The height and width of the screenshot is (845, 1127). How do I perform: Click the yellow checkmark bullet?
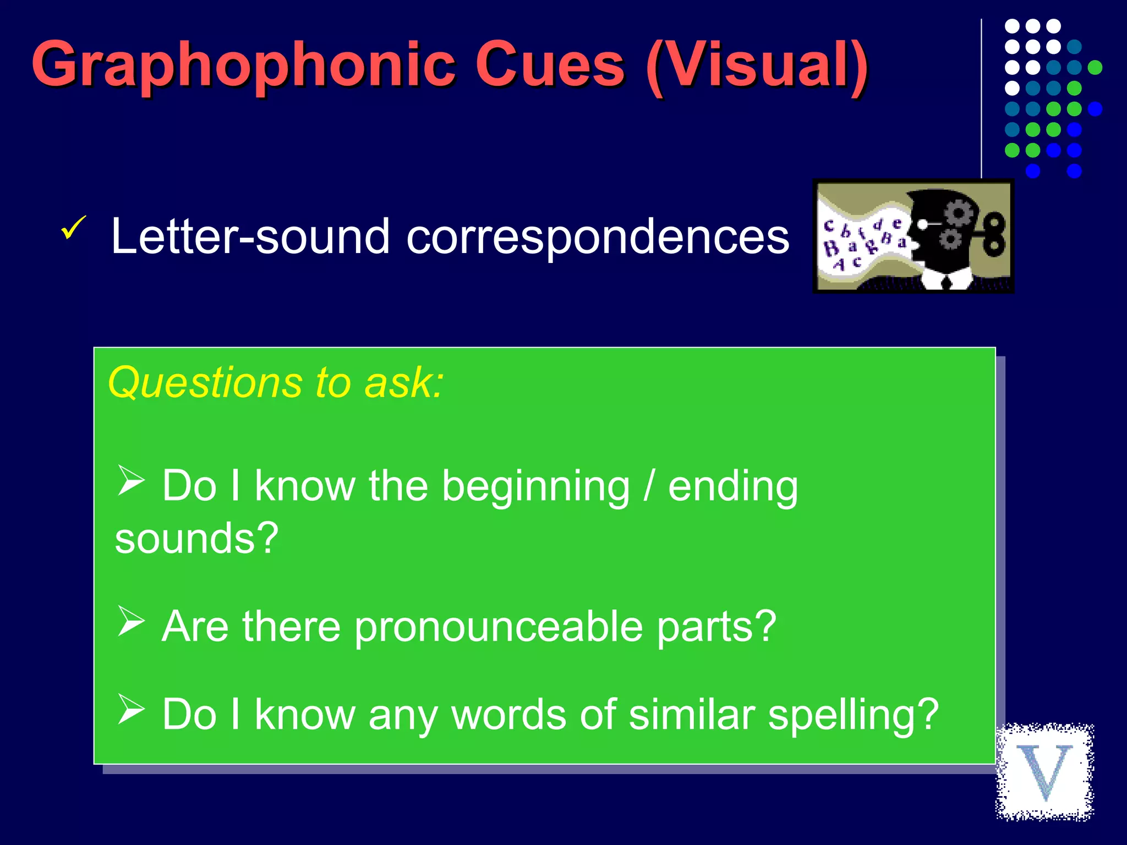(x=73, y=228)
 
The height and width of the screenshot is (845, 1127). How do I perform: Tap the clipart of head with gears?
(x=913, y=237)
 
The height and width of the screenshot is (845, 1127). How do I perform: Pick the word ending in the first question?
(x=732, y=487)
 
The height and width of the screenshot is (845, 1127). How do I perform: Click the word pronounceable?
(x=499, y=627)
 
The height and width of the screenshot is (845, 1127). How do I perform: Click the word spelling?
(x=853, y=715)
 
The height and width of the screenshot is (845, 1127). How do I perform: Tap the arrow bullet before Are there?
(x=131, y=621)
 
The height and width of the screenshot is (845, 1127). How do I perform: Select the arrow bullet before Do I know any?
(x=131, y=709)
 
